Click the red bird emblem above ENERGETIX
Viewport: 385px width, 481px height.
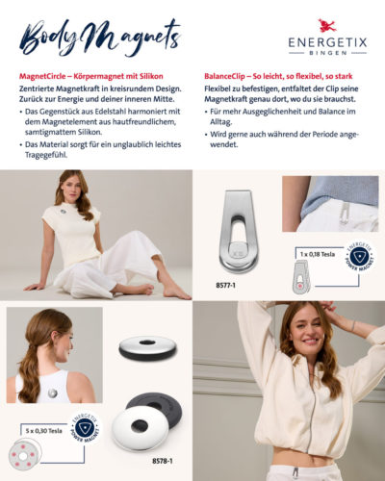[327, 25]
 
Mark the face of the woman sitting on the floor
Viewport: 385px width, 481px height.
[72, 186]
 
